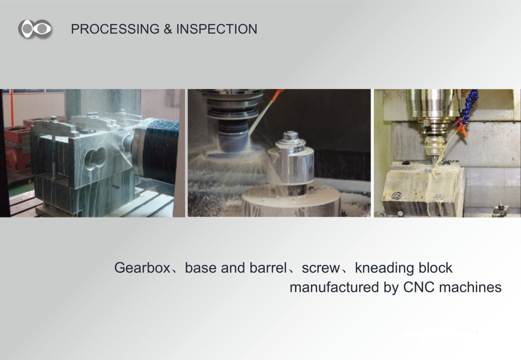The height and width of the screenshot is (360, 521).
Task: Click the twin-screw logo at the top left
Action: click(x=35, y=29)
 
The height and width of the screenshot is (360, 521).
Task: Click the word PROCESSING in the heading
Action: click(x=115, y=29)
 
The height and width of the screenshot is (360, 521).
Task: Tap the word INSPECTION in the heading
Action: click(x=216, y=29)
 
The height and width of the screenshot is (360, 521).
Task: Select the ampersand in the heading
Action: click(x=168, y=29)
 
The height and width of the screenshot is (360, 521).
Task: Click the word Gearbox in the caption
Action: click(x=142, y=268)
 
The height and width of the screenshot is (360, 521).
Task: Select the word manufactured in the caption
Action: click(x=334, y=287)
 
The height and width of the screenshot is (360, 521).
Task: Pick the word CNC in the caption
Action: click(x=419, y=287)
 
